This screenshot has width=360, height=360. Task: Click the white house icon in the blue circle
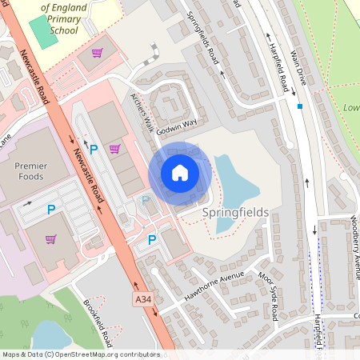click(x=180, y=173)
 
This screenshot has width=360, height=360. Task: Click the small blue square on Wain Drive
click(x=300, y=106)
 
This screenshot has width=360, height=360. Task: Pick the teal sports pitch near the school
click(x=39, y=30)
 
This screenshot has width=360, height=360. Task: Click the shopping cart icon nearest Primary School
click(x=98, y=53)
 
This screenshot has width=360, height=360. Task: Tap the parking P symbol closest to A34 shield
click(x=152, y=239)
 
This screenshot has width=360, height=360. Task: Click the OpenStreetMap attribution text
click(x=80, y=354)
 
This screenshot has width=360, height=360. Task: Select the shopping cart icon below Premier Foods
click(x=51, y=239)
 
